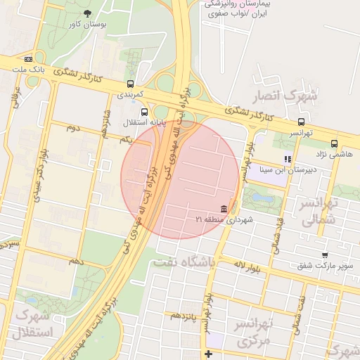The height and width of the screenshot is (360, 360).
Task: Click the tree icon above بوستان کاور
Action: pos(87,13)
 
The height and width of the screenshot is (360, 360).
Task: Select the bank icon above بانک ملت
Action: pos(28,60)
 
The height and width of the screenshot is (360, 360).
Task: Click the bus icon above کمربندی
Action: pos(129,83)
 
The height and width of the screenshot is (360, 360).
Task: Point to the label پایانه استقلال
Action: pos(143,122)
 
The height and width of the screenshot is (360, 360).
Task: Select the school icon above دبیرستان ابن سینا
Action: pos(287,160)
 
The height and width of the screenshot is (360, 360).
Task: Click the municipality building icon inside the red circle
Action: pos(224,210)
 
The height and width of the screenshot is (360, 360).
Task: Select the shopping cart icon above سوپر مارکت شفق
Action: pos(324,255)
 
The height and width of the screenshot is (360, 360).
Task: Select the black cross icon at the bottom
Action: pos(207,353)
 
